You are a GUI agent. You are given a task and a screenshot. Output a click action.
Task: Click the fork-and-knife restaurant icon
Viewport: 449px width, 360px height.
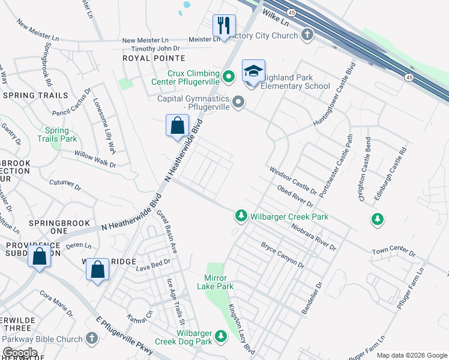(224, 25)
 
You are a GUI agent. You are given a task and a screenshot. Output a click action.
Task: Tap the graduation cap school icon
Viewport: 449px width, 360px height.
(253, 71)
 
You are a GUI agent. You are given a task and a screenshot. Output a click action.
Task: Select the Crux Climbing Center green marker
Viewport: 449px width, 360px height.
(228, 76)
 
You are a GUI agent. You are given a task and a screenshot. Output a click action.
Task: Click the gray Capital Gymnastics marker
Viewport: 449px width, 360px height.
(238, 103)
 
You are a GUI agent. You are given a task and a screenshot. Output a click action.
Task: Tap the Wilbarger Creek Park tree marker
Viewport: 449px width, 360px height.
(241, 215)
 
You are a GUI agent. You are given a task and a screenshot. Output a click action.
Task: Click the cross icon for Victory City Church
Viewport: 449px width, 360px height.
(307, 34)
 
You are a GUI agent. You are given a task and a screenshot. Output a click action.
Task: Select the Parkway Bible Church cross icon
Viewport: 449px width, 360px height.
(91, 339)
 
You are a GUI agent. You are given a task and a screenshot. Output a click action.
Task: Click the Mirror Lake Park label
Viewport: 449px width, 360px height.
(218, 282)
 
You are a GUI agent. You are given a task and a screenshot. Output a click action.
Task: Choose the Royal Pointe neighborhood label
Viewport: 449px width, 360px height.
(154, 58)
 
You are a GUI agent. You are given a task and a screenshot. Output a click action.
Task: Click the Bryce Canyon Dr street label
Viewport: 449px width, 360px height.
(282, 256)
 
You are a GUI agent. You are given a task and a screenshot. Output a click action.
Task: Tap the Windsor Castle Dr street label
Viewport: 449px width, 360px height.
(296, 181)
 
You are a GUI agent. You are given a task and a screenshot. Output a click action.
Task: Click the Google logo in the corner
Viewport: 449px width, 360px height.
(20, 353)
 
